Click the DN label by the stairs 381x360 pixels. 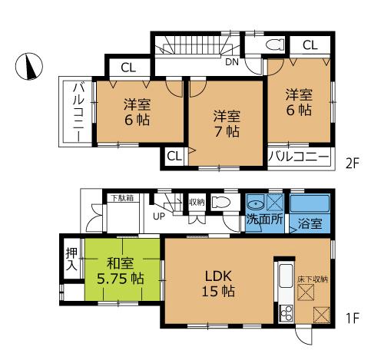pos(230,62)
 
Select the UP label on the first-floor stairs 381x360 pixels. pos(159,216)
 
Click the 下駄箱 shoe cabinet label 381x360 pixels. pos(120,198)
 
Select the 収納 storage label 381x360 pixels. pos(196,202)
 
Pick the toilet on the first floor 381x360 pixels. pos(221,203)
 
